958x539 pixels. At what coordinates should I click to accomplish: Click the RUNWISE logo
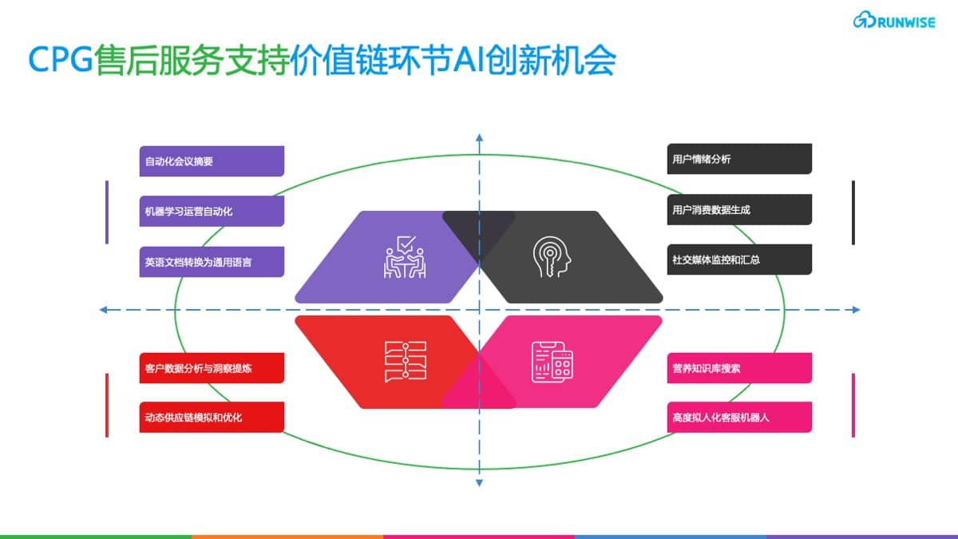click(x=894, y=20)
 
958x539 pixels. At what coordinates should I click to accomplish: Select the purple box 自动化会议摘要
click(x=212, y=161)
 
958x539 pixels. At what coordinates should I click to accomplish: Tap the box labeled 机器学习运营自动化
click(x=212, y=211)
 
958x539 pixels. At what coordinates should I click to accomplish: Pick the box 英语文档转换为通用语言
click(x=212, y=262)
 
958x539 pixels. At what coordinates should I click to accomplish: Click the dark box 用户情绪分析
click(x=739, y=159)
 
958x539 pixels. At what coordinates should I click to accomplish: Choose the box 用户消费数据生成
click(x=739, y=209)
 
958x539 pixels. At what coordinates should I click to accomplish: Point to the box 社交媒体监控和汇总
click(x=739, y=260)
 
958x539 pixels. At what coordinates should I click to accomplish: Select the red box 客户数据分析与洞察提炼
click(x=212, y=368)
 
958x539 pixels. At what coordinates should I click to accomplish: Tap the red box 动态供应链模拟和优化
click(x=212, y=417)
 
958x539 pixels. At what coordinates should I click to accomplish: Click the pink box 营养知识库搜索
click(x=739, y=368)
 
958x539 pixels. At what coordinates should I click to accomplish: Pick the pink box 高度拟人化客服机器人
click(x=739, y=417)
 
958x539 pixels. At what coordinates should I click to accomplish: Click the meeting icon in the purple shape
click(x=405, y=257)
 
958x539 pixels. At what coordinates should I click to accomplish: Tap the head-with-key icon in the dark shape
click(x=552, y=256)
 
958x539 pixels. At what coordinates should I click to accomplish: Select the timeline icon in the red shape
click(x=406, y=362)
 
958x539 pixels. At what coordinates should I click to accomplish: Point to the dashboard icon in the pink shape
click(x=552, y=362)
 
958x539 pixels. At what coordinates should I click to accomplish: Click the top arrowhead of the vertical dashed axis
click(x=480, y=137)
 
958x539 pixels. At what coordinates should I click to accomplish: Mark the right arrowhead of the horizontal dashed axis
click(x=856, y=310)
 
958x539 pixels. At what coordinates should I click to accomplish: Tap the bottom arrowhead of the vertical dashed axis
click(x=480, y=483)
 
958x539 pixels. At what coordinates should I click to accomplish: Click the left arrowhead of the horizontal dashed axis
click(x=103, y=310)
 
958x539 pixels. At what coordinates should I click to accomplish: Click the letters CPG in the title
click(x=61, y=59)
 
